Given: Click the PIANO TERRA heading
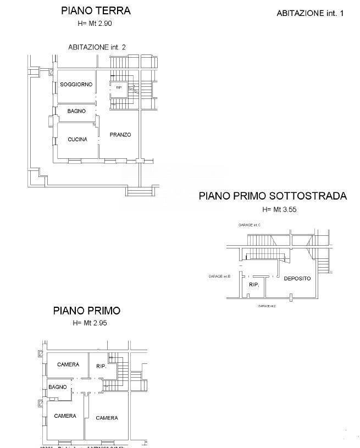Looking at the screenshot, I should tap(96, 10).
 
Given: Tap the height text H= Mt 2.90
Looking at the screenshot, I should tap(96, 23).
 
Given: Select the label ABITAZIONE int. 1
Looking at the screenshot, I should tap(309, 13).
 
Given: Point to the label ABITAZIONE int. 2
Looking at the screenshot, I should tap(97, 47).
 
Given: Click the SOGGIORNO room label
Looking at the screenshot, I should tap(76, 84).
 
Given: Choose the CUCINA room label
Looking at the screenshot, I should tap(77, 139).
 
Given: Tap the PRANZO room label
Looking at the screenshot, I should tap(120, 135).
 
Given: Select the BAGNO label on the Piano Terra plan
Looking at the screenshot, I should tap(76, 111).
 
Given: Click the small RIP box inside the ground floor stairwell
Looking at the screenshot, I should tap(119, 87).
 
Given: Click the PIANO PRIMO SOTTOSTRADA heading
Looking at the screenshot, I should tap(273, 196).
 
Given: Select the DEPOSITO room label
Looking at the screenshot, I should tap(297, 278).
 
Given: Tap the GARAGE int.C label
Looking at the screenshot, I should tap(250, 225).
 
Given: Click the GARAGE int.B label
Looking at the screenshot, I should tap(219, 276).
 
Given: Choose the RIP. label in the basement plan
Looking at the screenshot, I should tap(254, 285).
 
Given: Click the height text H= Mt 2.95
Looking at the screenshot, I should tap(90, 323).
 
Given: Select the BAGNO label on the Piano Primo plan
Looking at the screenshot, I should tap(57, 387).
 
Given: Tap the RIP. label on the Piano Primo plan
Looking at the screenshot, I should tap(101, 366).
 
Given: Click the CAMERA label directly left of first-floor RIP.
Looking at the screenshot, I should tap(68, 364).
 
